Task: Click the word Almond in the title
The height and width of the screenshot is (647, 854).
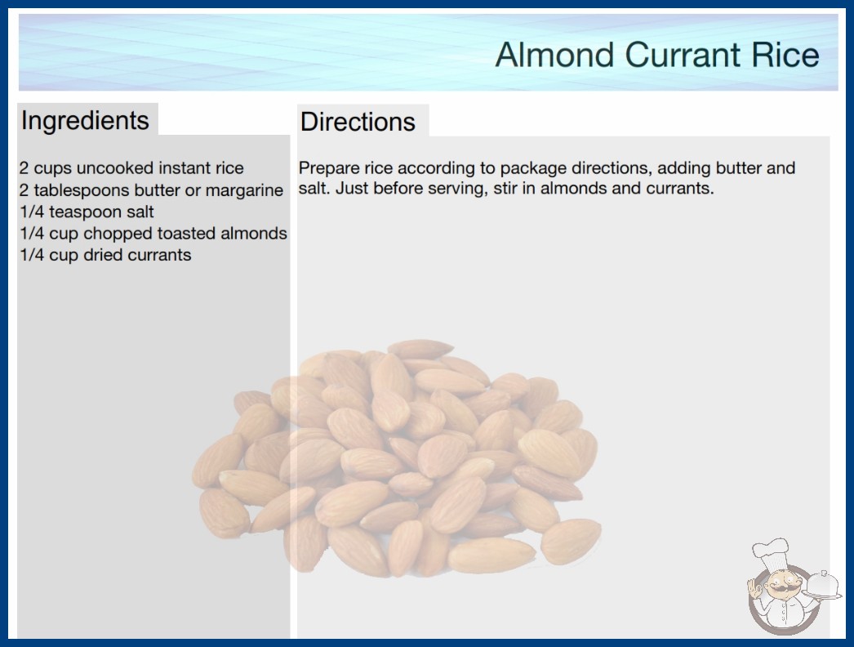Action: coord(554,55)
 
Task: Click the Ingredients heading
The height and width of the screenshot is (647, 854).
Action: coord(85,121)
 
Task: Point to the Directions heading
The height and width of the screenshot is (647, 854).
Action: coord(358,122)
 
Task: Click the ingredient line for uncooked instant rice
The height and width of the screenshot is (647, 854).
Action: coord(131,168)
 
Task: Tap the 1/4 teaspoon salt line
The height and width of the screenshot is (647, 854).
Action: coord(87,212)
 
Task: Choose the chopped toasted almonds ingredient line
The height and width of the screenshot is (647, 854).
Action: coord(153,234)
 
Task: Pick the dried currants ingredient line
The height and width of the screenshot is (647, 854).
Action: coord(105,255)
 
